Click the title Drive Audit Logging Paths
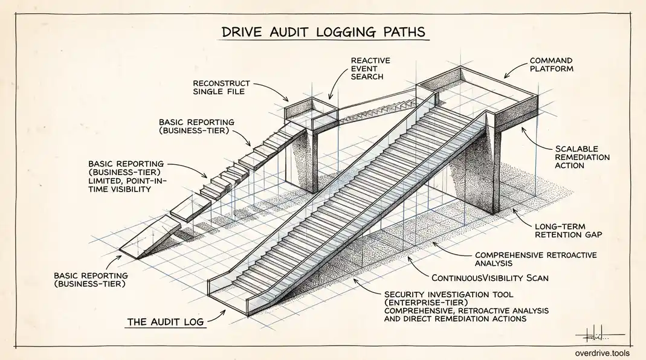[323, 32]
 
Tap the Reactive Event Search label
[370, 68]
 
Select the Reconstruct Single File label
[221, 88]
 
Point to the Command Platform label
[551, 65]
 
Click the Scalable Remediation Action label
[582, 157]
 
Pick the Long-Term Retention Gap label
[568, 230]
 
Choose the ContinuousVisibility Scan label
[490, 278]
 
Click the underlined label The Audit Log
[166, 322]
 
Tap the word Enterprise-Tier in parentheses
[426, 303]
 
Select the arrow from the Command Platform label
[515, 71]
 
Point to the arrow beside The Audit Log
[217, 317]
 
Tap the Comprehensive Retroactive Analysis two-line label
[535, 259]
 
